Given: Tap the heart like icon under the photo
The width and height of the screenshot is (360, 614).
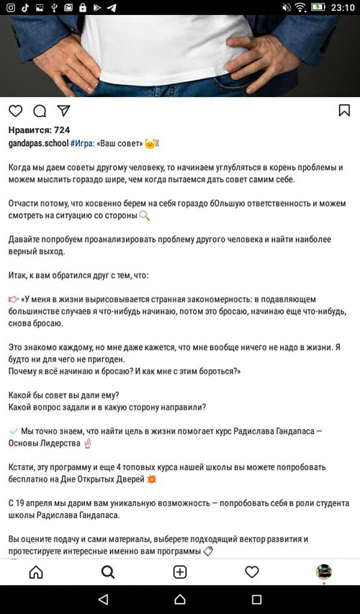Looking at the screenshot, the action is (x=15, y=111).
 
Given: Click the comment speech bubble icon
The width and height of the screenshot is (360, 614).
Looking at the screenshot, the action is (x=40, y=111).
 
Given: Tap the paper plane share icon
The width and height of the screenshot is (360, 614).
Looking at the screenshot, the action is (x=63, y=111).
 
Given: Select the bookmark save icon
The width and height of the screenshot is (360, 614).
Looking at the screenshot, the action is (x=344, y=110).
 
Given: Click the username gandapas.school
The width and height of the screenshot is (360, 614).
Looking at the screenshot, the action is (x=37, y=144).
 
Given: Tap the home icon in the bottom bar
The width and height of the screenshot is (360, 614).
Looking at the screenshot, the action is (x=35, y=572).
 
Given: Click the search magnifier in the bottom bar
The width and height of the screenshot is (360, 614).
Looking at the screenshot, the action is (x=108, y=572).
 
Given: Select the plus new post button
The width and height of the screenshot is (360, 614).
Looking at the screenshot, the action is (x=180, y=572).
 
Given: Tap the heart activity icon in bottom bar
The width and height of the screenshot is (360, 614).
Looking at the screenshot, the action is (x=252, y=572).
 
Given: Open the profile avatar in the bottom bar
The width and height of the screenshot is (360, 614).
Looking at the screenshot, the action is (x=324, y=572).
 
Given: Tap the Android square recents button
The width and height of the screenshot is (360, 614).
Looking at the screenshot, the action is (x=257, y=599).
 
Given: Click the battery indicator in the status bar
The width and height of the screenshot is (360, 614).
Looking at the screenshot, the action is (x=318, y=7).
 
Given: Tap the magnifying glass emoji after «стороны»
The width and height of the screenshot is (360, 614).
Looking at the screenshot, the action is (x=145, y=215).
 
